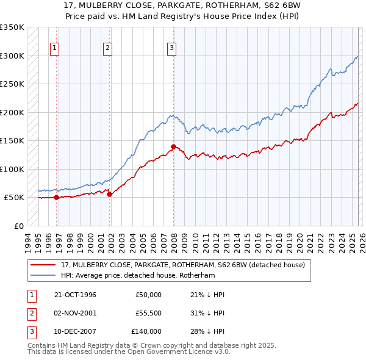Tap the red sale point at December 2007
tap(174, 146)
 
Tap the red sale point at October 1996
tap(56, 197)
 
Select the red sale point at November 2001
tap(110, 194)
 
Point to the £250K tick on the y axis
tap(12, 84)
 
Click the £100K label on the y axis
tap(12, 169)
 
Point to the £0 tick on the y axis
tap(18, 226)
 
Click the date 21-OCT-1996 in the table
tap(75, 295)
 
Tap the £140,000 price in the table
tap(146, 331)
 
